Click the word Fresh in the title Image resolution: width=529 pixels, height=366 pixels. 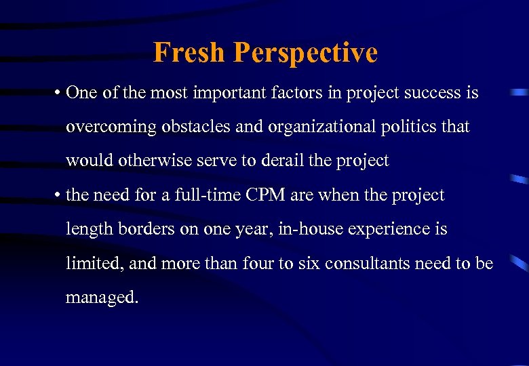coord(190,52)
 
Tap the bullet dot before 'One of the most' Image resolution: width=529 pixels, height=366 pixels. coord(57,94)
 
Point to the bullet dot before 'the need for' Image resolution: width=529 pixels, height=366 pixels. coord(57,196)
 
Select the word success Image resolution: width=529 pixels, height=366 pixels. coord(429,93)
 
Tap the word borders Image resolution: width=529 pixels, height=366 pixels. coord(143,229)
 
